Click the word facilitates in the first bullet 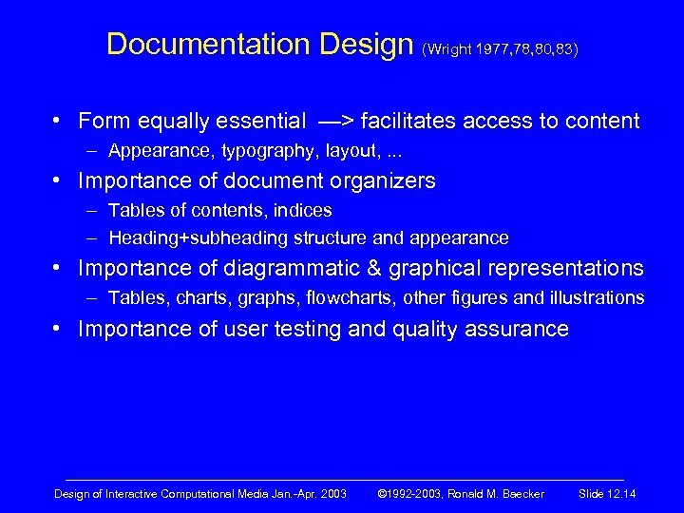tap(399, 121)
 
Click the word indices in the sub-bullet tap(306, 210)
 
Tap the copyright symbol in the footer tap(384, 494)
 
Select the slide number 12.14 tap(618, 494)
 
